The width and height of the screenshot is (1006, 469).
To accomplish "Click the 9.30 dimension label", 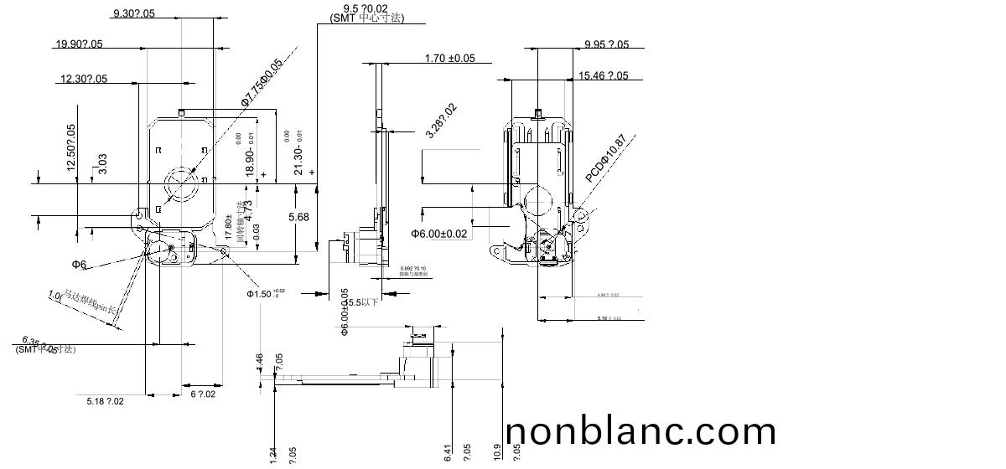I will (133, 13).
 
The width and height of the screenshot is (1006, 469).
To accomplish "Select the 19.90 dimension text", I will (79, 44).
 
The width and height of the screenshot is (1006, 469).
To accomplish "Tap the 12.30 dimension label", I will (83, 79).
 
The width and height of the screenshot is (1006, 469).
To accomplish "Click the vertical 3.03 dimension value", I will (102, 163).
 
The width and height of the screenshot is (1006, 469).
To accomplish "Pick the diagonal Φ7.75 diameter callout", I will (262, 82).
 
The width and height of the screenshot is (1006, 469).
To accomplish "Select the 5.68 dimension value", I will (298, 217).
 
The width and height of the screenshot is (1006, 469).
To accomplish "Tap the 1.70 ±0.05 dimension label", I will (449, 59).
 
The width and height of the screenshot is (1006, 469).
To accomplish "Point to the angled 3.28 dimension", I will (441, 121).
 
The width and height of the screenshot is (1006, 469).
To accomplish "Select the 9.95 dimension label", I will (606, 44).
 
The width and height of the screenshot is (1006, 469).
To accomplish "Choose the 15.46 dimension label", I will (603, 76).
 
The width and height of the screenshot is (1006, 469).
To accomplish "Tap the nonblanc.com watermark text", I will (641, 432).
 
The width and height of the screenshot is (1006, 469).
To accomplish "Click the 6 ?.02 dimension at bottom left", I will (203, 394).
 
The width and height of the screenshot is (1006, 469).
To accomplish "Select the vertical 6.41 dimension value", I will (448, 452).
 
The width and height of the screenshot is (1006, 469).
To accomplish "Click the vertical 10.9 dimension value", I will (498, 452).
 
